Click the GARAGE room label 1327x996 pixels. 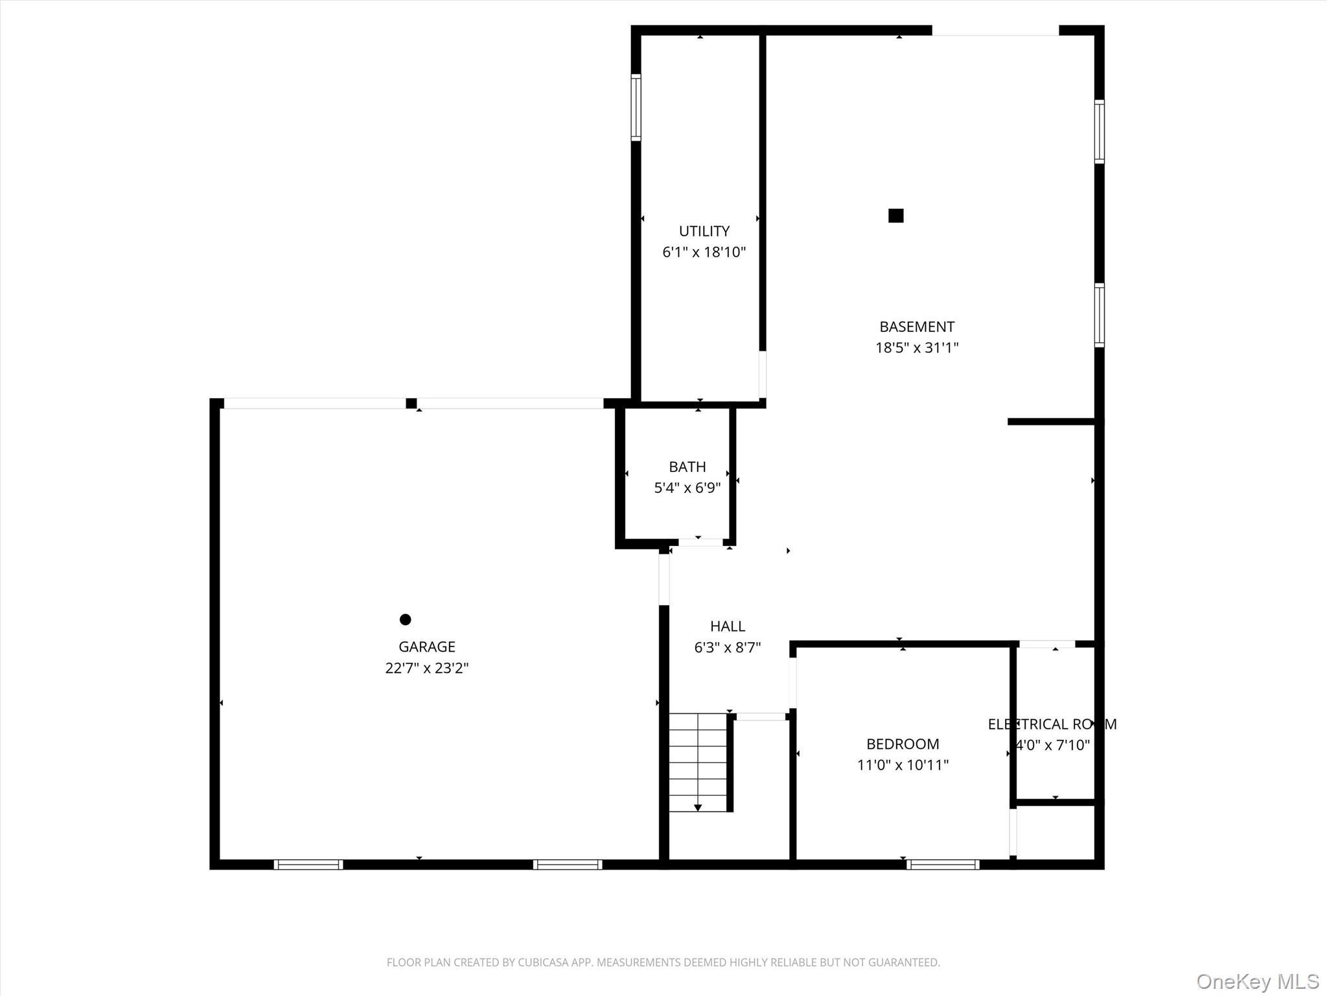coord(426,646)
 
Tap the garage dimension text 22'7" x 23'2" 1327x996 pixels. coord(426,668)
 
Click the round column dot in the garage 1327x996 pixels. coord(405,619)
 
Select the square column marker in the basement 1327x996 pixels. coord(895,215)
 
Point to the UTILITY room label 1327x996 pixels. coord(704,231)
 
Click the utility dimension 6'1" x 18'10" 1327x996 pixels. coord(704,252)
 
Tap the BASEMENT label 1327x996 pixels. coord(916,327)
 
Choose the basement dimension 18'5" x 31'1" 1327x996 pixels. coord(916,348)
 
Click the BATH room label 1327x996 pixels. coord(687,467)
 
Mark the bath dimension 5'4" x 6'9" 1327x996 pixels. coord(687,488)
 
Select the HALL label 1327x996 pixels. coord(727,626)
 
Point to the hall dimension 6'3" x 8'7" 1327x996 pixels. coord(727,647)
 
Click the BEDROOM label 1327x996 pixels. coord(902,744)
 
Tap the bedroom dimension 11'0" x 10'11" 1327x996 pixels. coord(902,765)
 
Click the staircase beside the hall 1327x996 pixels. coord(698,762)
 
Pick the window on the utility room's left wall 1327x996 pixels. coord(636,108)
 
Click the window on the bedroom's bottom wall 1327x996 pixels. coord(942,864)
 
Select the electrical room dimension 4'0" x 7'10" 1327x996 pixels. coord(1053,745)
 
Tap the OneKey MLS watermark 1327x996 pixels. coord(1257,981)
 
